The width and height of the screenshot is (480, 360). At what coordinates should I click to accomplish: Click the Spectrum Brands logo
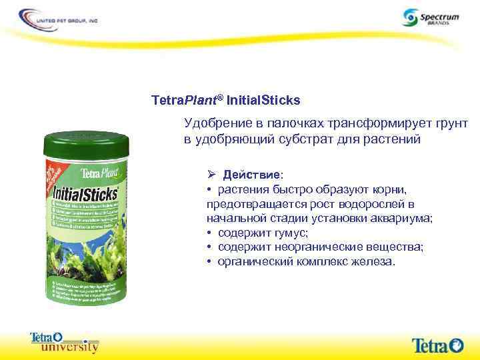coord(430,17)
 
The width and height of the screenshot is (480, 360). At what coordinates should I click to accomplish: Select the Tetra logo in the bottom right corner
coord(437,345)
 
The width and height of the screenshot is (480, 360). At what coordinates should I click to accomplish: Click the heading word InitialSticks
coord(263,101)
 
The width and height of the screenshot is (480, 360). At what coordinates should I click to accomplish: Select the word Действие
coord(252,175)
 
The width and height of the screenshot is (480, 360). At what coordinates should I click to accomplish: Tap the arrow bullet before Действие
coord(211,175)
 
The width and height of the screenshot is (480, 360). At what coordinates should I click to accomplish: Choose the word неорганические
coord(326,247)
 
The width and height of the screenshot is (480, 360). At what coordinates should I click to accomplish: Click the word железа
coord(374,261)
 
